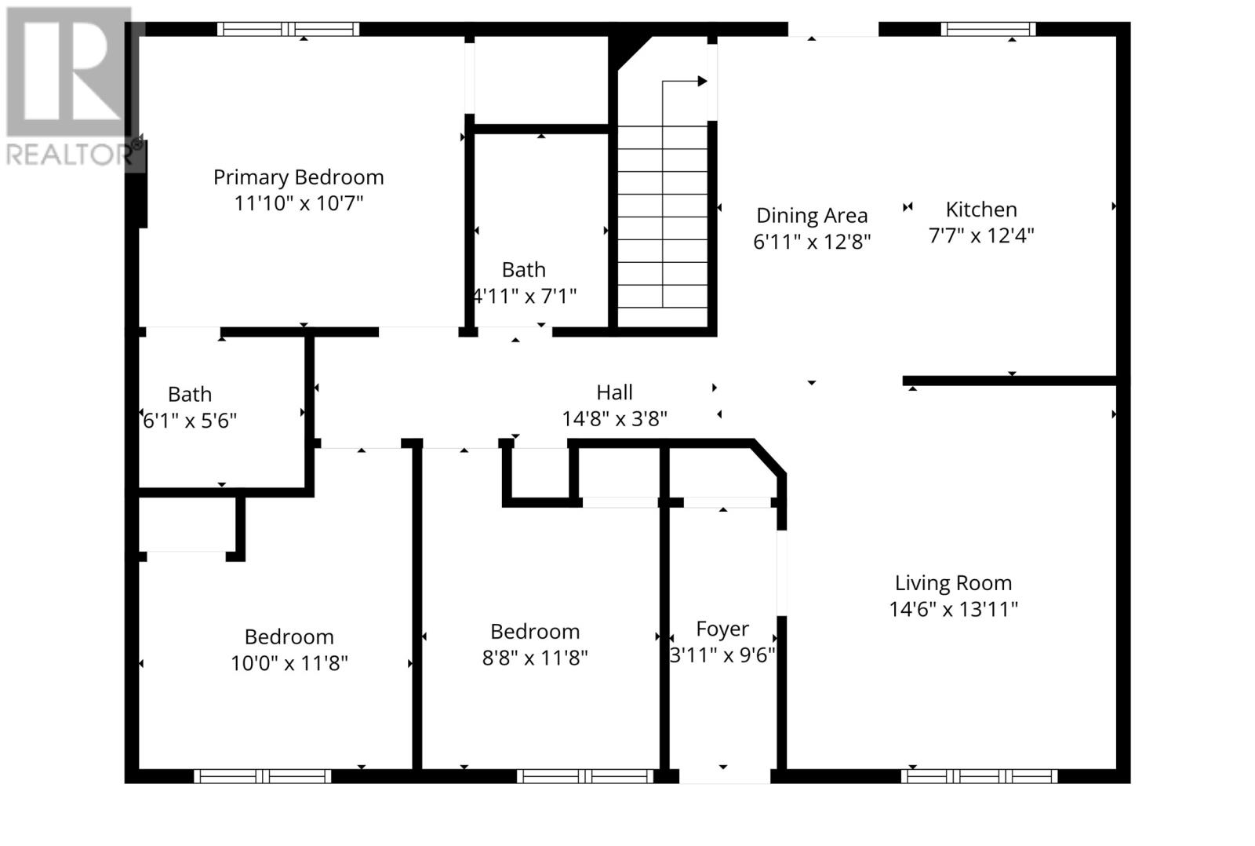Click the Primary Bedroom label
298,177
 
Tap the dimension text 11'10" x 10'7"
298,204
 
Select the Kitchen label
981,210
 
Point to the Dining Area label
812,215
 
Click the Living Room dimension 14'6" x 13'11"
953,609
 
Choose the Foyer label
722,629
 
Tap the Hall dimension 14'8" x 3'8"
614,419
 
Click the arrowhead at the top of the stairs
702,81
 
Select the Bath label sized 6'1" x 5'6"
190,394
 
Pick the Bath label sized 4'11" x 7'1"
523,270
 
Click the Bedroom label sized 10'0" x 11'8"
289,636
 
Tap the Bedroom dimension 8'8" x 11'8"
535,658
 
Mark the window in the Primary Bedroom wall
288,29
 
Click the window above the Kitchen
988,29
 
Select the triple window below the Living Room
979,776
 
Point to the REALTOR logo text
69,154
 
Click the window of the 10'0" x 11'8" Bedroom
263,776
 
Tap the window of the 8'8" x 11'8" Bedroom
585,776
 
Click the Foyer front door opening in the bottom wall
724,776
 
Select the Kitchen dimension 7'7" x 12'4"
981,235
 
